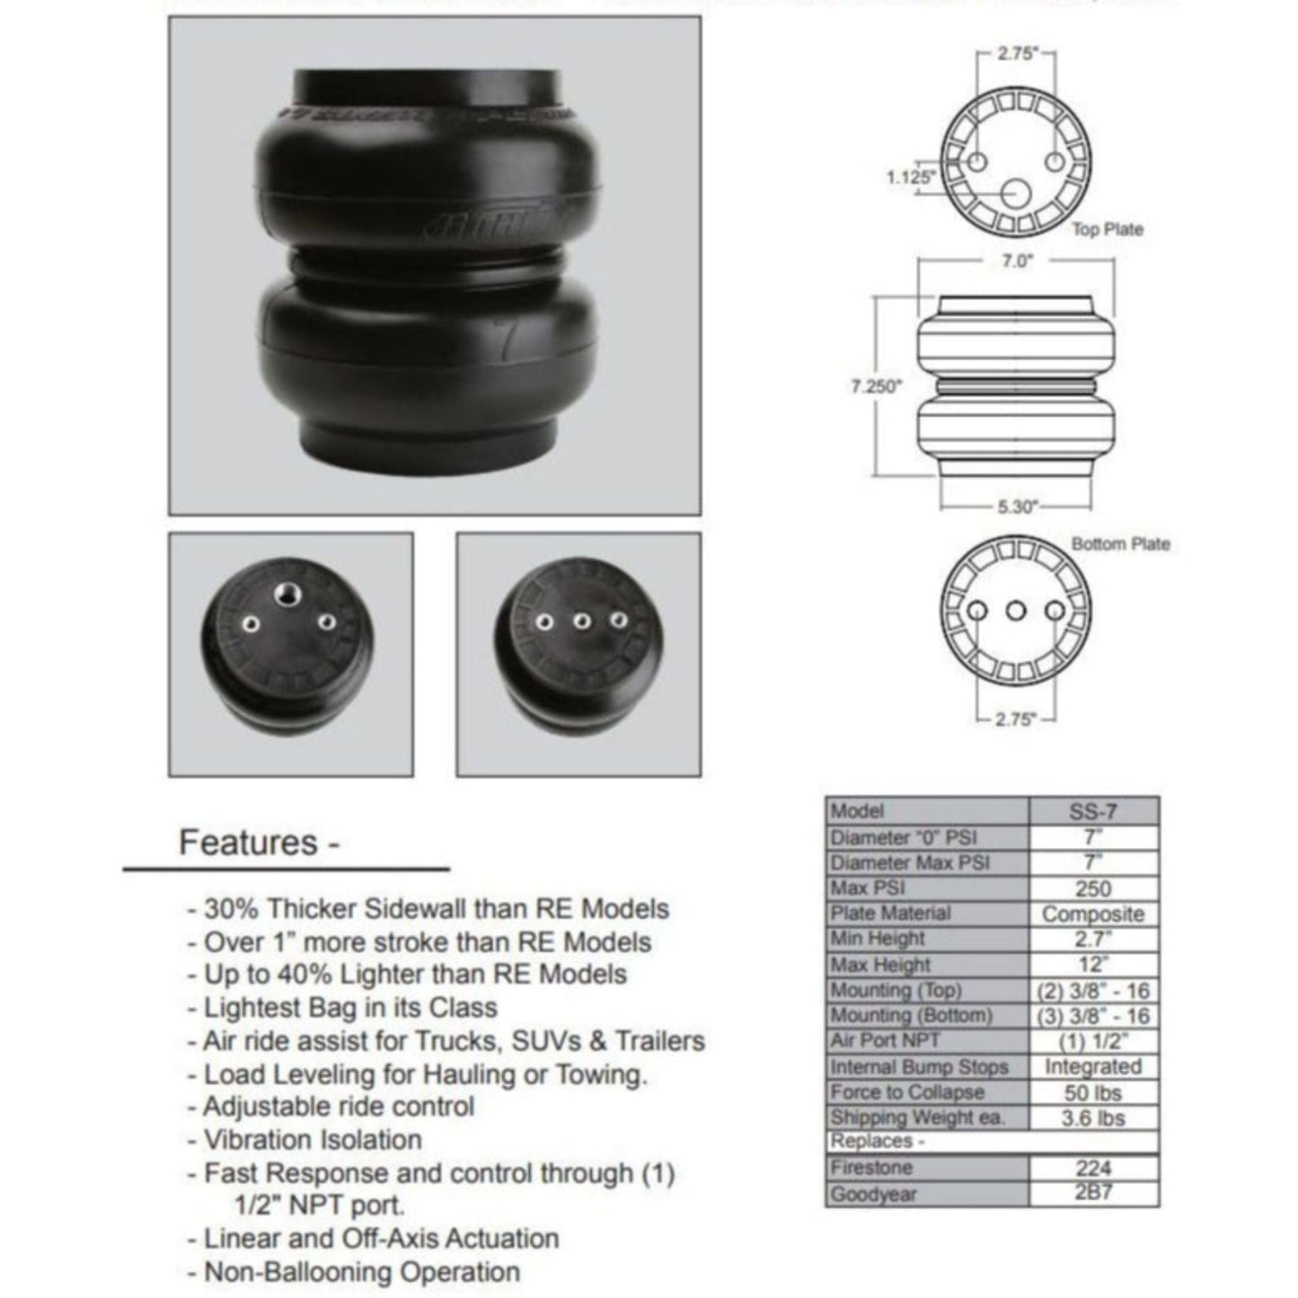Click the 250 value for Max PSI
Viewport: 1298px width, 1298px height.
pos(1092,888)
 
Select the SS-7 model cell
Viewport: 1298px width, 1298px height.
pos(1092,811)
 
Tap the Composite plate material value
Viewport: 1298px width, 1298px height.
pos(1092,914)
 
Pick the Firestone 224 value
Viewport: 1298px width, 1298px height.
pos(1092,1169)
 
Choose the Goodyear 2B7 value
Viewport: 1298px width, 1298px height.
pos(1092,1195)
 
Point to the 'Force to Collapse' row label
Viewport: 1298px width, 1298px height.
pos(907,1092)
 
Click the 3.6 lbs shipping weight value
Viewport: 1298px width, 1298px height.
pos(1092,1118)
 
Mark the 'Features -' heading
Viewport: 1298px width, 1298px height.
pos(259,843)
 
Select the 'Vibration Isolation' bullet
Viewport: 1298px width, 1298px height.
pos(312,1140)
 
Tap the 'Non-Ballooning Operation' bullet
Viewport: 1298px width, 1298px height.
pos(361,1272)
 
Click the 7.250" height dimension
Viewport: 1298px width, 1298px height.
pos(876,387)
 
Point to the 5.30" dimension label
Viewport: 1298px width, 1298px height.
pos(1018,507)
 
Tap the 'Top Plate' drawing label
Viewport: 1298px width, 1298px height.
pos(1107,230)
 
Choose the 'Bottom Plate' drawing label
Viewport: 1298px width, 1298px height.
pos(1120,544)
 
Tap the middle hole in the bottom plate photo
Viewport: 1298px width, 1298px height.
pos(581,620)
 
